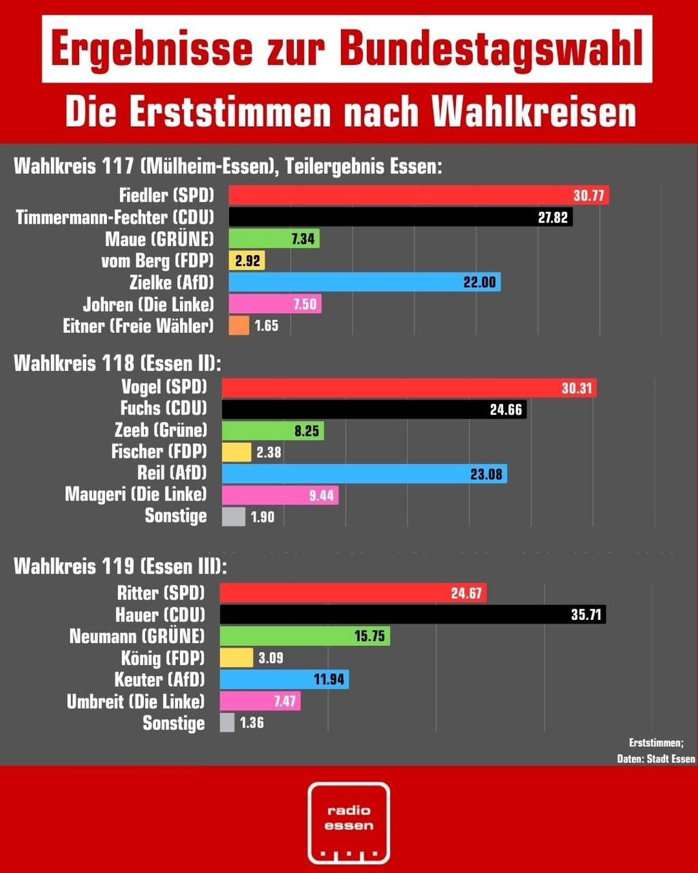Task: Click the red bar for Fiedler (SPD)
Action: (419, 196)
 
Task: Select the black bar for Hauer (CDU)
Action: (412, 615)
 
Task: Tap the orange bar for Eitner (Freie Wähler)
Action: (239, 326)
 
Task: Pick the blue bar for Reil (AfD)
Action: (364, 473)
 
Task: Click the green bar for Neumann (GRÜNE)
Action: (305, 637)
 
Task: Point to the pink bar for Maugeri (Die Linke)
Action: (279, 495)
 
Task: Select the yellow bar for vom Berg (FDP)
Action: (247, 261)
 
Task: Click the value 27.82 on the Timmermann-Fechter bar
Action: (552, 218)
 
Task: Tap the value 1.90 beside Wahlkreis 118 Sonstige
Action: (262, 517)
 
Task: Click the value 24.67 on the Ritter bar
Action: (466, 593)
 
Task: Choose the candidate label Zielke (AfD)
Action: (172, 282)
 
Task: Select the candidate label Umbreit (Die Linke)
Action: (136, 701)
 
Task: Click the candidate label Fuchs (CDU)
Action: (164, 409)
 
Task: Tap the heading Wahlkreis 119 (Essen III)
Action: (121, 566)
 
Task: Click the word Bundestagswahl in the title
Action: (491, 49)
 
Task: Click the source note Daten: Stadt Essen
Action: (652, 759)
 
